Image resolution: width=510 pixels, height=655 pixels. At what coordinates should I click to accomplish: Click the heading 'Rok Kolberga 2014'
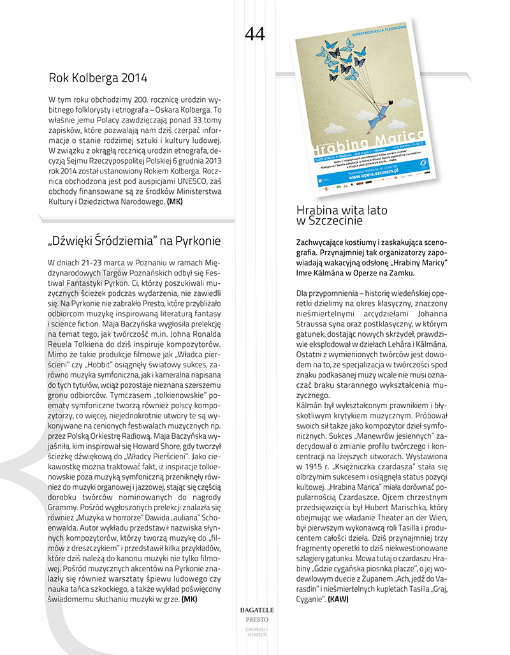tap(98, 78)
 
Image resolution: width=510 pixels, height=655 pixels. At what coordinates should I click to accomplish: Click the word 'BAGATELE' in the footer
tap(254, 610)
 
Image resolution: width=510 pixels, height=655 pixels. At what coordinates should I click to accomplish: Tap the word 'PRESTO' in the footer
tap(254, 619)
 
